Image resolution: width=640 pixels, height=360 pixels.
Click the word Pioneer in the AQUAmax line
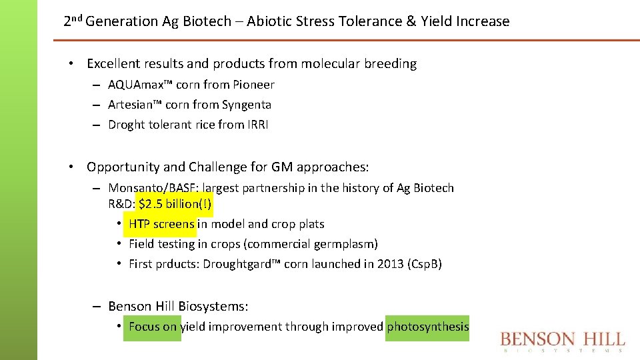point(253,85)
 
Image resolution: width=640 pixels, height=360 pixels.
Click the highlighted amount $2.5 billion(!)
point(175,204)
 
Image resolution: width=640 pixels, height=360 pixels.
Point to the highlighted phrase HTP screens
point(161,224)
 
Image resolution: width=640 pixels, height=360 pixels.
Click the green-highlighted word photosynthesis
point(427,327)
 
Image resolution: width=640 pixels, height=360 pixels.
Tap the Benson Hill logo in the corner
point(563,341)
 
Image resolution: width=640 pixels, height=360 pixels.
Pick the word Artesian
point(131,105)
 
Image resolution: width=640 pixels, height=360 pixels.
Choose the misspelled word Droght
point(125,125)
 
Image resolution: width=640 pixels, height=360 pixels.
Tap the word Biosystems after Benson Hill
point(213,307)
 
